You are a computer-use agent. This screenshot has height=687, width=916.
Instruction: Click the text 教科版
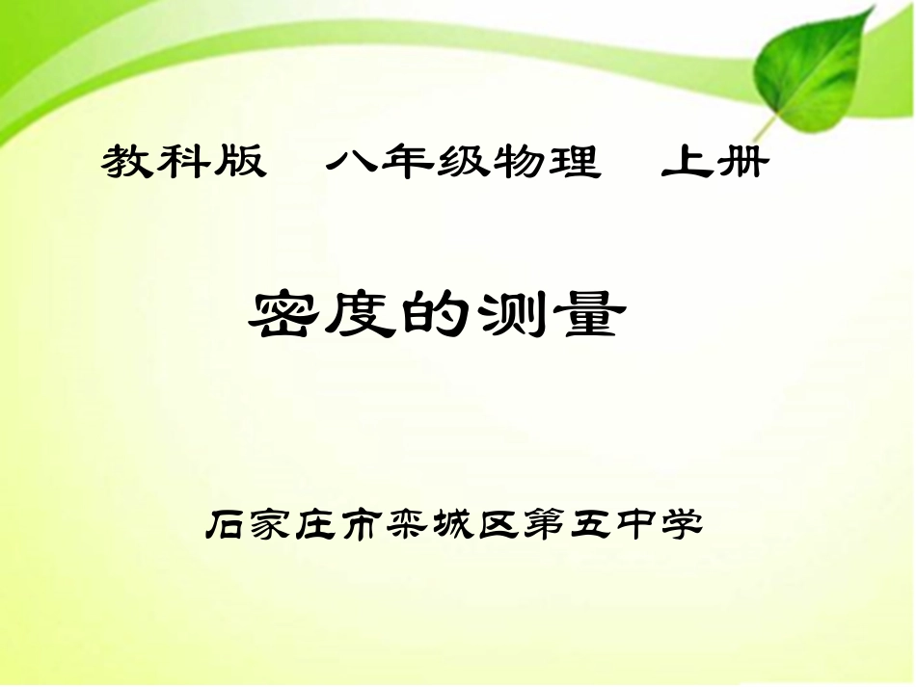(x=183, y=163)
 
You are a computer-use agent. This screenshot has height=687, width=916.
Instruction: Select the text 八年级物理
(x=462, y=163)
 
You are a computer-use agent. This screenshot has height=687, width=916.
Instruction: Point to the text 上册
(x=714, y=163)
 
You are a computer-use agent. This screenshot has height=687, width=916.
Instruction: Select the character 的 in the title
(x=446, y=315)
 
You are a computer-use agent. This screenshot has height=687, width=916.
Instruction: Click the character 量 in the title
(x=584, y=315)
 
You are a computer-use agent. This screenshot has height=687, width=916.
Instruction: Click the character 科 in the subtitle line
(x=184, y=163)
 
